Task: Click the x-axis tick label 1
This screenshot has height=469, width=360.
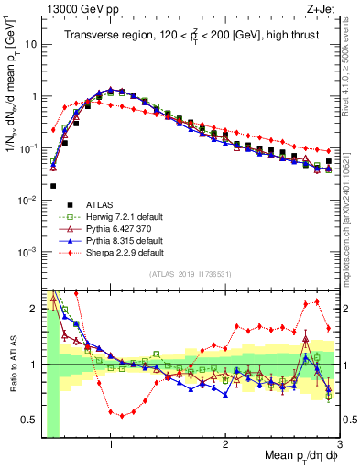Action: [111, 446]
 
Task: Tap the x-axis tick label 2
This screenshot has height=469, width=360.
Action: [225, 446]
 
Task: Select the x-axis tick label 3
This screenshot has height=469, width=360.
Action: [339, 446]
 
